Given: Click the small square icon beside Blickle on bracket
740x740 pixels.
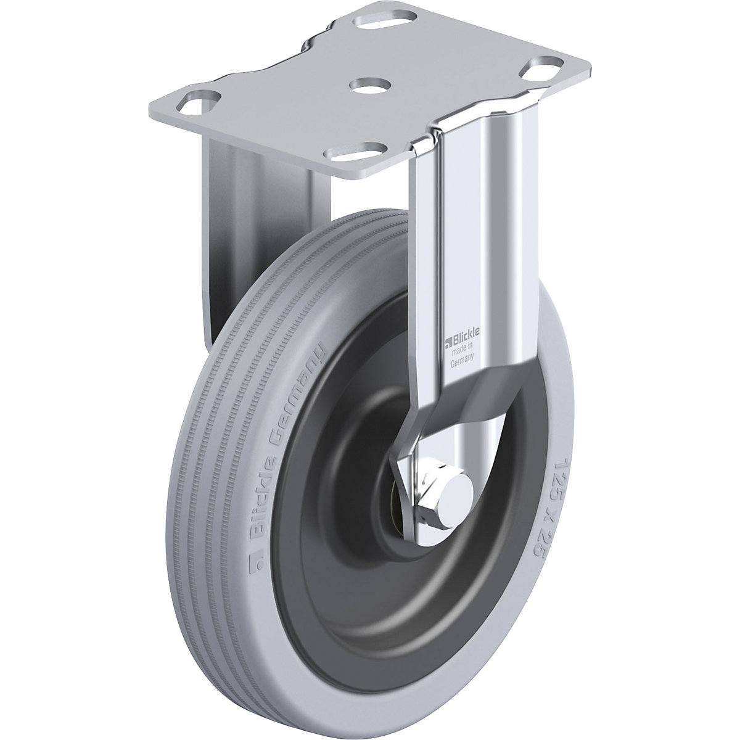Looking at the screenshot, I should [448, 337].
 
